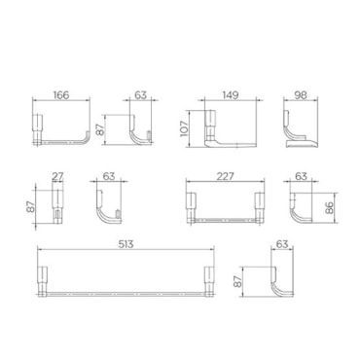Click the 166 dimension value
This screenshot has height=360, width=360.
(x=61, y=95)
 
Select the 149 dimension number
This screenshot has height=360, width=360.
(x=231, y=95)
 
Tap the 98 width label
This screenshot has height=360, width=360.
(x=301, y=95)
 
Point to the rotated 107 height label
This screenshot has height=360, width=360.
(x=184, y=128)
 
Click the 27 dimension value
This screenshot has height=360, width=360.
(x=57, y=176)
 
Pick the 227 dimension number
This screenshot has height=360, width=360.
(x=225, y=176)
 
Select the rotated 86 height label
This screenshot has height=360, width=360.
(x=329, y=208)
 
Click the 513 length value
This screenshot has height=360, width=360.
(x=126, y=244)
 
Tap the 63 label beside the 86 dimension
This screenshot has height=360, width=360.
(x=302, y=176)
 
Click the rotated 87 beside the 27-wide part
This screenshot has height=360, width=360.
(x=30, y=207)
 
